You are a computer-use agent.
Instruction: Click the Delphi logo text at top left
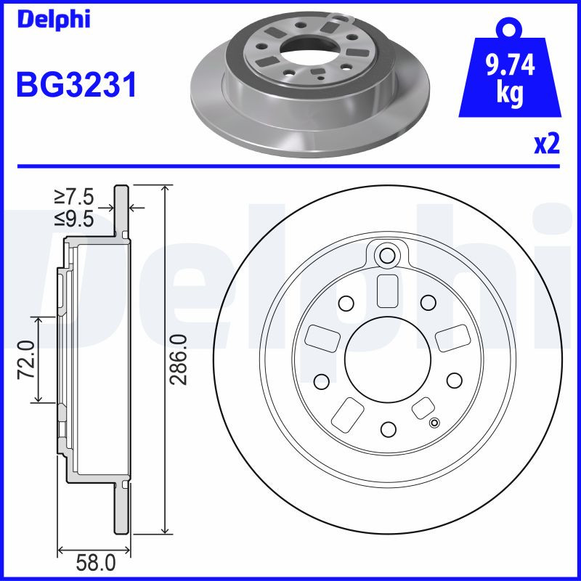coord(52,19)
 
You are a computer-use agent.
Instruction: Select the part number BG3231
coord(76,86)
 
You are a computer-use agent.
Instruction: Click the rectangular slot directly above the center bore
coord(387,291)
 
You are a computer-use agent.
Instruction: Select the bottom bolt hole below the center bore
coord(387,428)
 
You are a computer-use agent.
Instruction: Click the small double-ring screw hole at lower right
coord(435,424)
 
